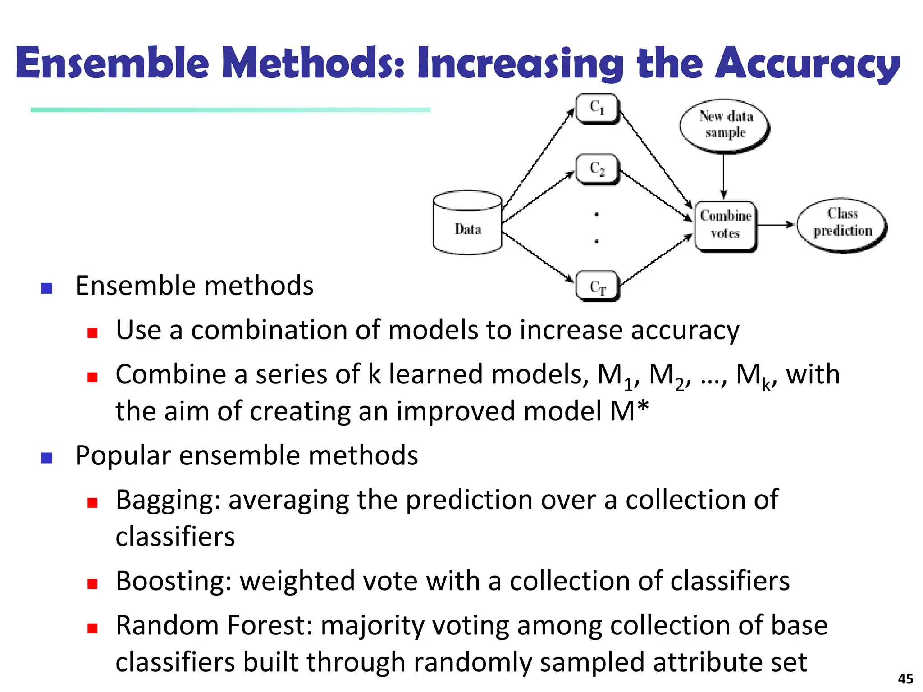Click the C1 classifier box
(x=598, y=109)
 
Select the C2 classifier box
(x=598, y=169)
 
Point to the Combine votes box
(x=725, y=225)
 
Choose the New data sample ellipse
(x=725, y=125)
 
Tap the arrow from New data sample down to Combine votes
(x=723, y=176)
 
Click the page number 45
(x=905, y=678)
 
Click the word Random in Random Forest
(x=166, y=625)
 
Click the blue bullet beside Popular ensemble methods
(x=47, y=458)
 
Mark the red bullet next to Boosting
(x=93, y=584)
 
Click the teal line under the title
(x=230, y=110)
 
